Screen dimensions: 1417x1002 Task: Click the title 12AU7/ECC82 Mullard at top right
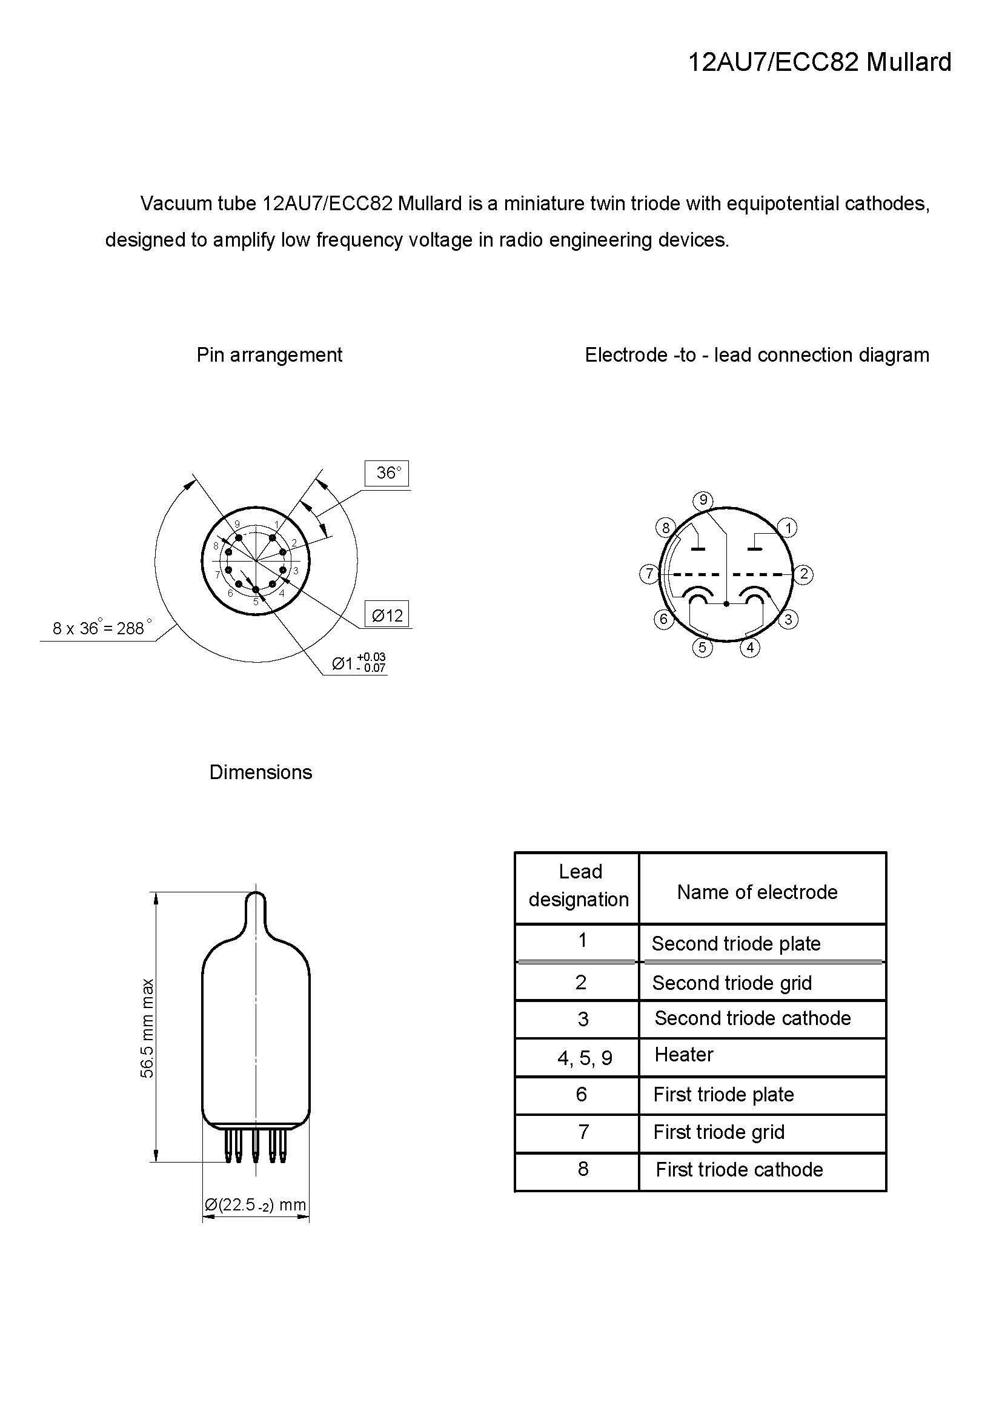[820, 62]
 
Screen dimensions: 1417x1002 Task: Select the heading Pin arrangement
[269, 355]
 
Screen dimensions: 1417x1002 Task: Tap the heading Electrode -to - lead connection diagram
[757, 355]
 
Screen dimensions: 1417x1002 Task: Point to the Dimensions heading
[260, 772]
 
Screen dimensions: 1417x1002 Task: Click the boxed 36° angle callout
[387, 473]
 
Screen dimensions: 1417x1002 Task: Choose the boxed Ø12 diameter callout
[387, 615]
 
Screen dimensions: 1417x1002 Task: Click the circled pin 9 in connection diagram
[703, 500]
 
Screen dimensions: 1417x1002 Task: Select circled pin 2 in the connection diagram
[803, 574]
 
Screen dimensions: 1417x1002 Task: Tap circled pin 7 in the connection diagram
[649, 574]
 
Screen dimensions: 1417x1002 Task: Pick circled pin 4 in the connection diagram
[749, 648]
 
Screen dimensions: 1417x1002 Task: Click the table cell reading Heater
[683, 1055]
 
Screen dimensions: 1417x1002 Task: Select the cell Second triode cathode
[752, 1018]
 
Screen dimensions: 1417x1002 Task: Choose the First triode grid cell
[719, 1132]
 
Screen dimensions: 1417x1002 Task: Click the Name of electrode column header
[757, 892]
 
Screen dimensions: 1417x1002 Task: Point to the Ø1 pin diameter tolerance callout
[358, 663]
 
